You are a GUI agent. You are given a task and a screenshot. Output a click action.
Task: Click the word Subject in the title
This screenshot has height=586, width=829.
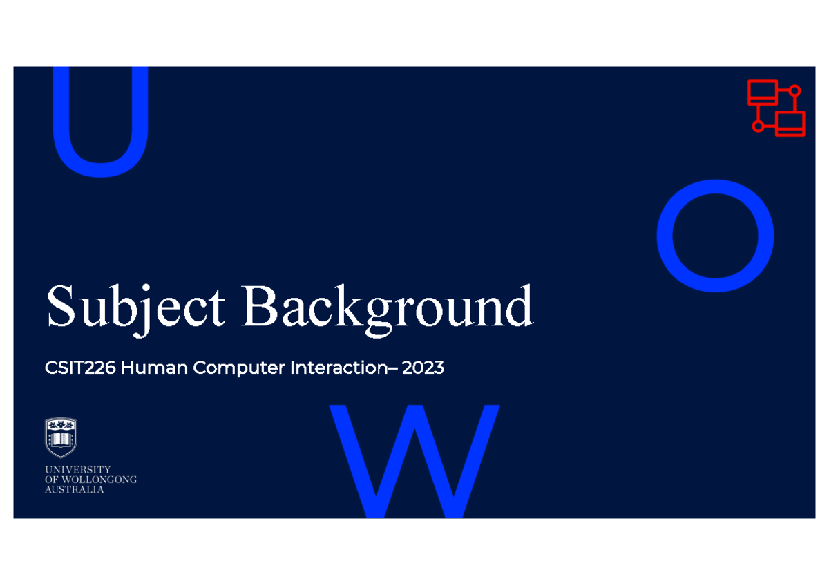tap(135, 308)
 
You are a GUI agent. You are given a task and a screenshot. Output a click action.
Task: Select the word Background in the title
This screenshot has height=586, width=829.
tap(388, 308)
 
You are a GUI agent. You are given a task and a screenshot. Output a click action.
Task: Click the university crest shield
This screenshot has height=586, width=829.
tap(61, 437)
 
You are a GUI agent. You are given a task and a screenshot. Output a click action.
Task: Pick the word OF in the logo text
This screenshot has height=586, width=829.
tap(52, 480)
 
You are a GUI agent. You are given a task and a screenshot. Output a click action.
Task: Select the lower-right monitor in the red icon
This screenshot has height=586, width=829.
tap(790, 123)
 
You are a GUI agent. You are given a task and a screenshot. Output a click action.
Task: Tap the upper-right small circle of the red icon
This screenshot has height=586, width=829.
tap(794, 91)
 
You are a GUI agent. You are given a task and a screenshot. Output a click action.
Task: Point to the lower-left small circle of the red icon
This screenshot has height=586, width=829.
tap(758, 126)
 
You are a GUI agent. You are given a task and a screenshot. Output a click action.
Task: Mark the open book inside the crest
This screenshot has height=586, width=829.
tap(61, 439)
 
